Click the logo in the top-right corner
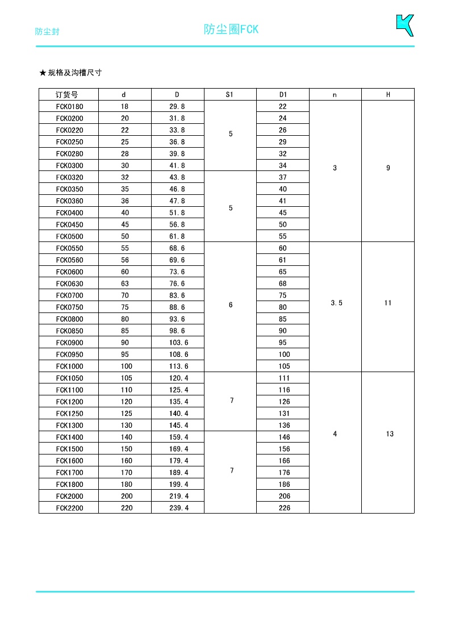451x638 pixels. point(404,26)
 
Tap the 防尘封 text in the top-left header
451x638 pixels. point(47,32)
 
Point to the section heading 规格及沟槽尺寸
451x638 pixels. point(74,73)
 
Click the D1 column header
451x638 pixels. point(283,95)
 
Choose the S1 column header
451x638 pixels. point(230,95)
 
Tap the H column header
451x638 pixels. point(388,95)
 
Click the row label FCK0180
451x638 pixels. point(69,107)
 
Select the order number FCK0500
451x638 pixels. point(69,236)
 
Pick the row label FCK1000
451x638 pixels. point(69,366)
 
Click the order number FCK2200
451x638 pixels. point(69,508)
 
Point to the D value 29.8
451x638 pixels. point(177,107)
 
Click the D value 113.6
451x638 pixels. point(177,366)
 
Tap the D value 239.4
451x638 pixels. point(177,508)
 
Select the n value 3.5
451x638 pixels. point(336,303)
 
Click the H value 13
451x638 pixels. point(390,434)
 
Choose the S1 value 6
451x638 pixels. point(231,305)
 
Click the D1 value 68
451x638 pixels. point(283,283)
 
